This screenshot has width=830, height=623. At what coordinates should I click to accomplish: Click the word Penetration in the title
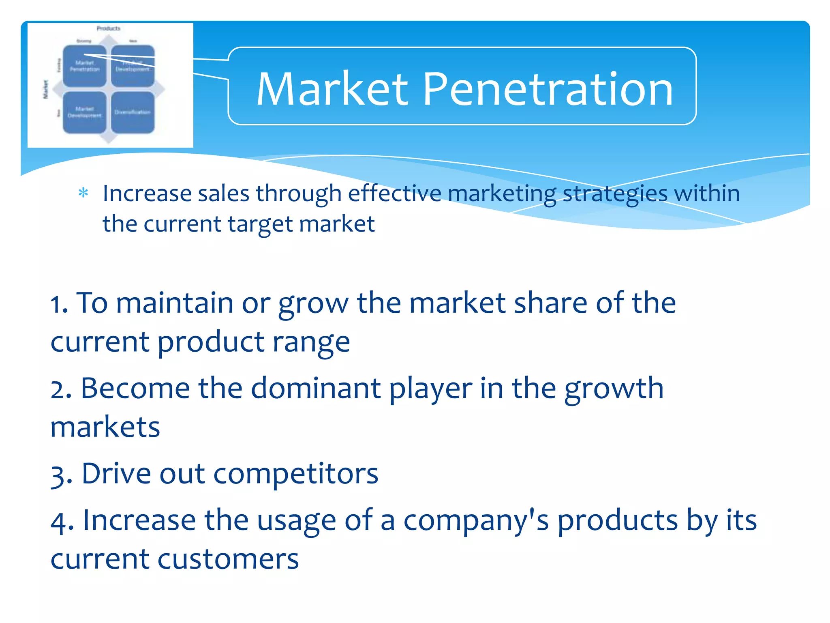[x=548, y=89]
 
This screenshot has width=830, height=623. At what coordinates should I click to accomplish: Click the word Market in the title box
[x=332, y=89]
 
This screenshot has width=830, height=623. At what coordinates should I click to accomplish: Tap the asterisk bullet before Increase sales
[x=83, y=193]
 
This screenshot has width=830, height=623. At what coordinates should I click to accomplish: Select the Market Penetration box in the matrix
[x=84, y=66]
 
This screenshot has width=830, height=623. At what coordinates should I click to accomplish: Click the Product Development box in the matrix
[x=133, y=66]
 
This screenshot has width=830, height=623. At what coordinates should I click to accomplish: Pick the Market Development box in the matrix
[x=84, y=112]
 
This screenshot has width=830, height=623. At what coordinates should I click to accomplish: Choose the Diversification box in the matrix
[x=133, y=112]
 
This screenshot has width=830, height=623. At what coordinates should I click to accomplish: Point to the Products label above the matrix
[x=108, y=28]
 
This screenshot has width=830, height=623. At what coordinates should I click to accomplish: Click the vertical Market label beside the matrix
[x=46, y=89]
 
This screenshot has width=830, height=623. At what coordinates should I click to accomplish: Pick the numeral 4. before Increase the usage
[x=62, y=521]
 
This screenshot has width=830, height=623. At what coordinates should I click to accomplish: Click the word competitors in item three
[x=295, y=474]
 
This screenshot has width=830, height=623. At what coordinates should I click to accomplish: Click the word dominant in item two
[x=316, y=389]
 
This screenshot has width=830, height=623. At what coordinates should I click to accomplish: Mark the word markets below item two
[x=105, y=428]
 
